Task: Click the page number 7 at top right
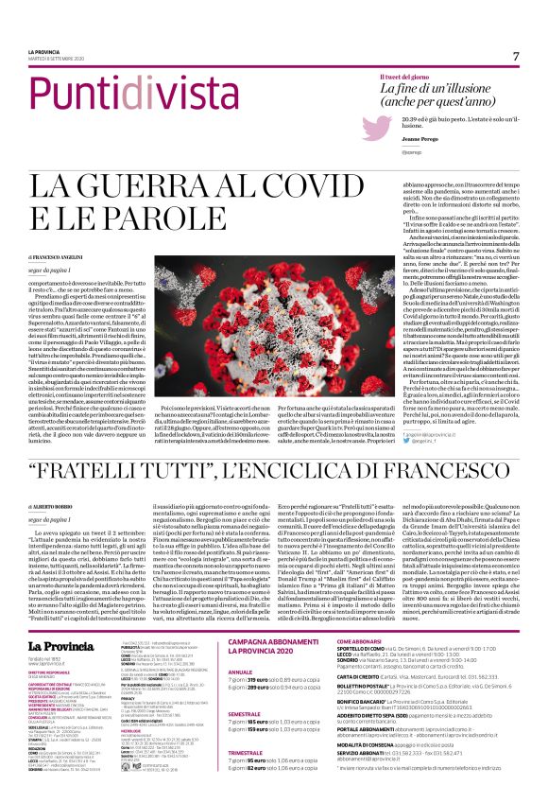(516, 56)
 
